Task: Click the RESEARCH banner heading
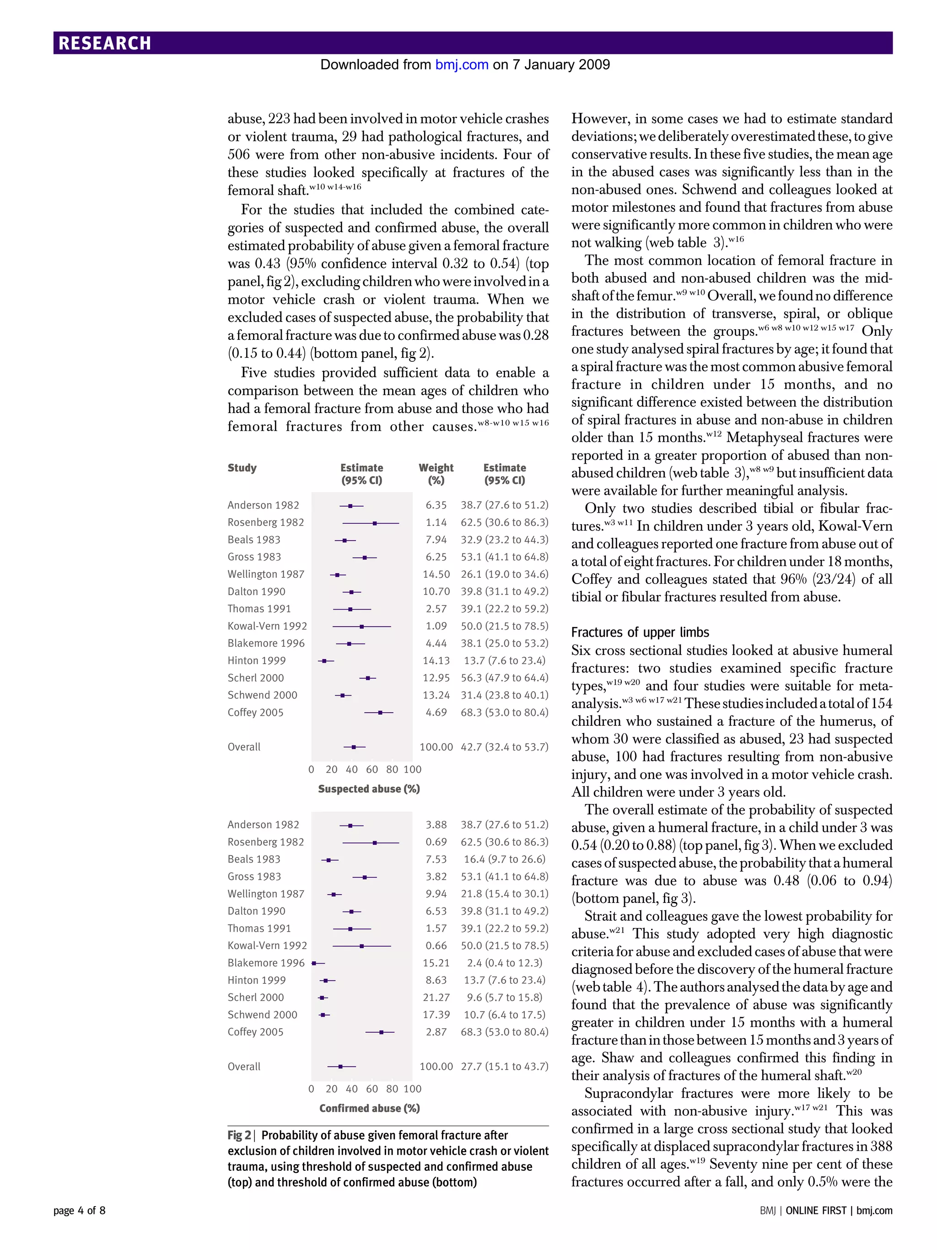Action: click(105, 43)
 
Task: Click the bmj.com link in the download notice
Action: click(461, 64)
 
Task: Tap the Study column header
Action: click(242, 467)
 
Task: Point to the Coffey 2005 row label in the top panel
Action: click(255, 712)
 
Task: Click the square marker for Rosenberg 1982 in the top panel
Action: click(375, 523)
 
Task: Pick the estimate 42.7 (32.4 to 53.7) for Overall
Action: click(504, 746)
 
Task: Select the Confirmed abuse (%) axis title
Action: click(369, 1108)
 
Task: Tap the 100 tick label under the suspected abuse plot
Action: click(413, 769)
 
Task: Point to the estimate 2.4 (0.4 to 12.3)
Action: click(504, 962)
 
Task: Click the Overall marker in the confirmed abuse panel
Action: click(340, 1066)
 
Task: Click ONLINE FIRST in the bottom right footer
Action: click(815, 1211)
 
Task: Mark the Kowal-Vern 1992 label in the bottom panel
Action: click(267, 945)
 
